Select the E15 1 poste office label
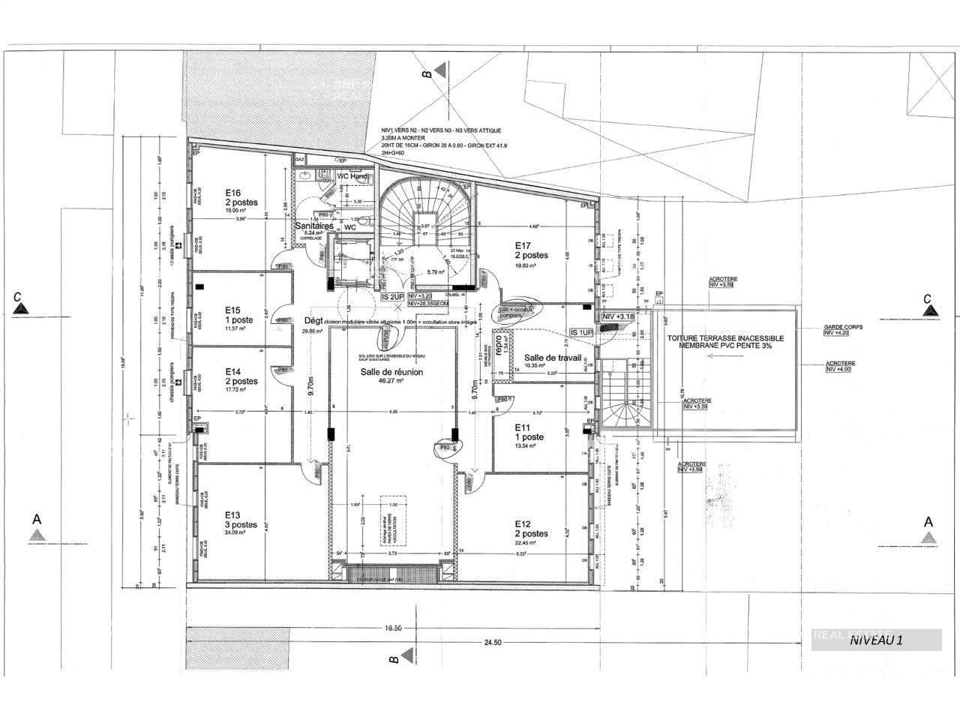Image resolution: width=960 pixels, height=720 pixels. tap(232, 310)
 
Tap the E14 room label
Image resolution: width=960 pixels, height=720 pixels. tap(232, 372)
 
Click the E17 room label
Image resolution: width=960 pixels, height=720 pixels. tap(523, 245)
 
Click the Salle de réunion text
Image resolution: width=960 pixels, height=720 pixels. tap(391, 372)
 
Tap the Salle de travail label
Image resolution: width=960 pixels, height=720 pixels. tap(553, 358)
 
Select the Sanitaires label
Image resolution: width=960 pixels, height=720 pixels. tap(313, 226)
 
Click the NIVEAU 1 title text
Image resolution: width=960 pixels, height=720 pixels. tap(876, 640)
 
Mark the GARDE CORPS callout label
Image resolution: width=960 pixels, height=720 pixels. tap(839, 328)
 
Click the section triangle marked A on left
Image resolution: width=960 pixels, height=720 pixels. tap(35, 535)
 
